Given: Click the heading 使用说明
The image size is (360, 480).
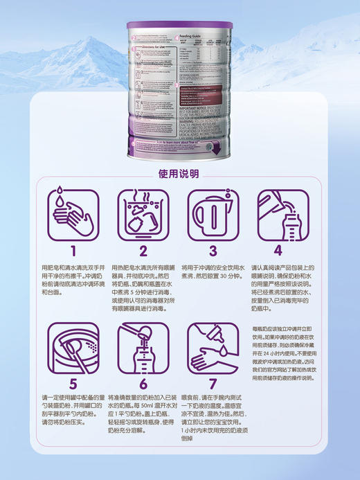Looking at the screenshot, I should (x=179, y=174).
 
